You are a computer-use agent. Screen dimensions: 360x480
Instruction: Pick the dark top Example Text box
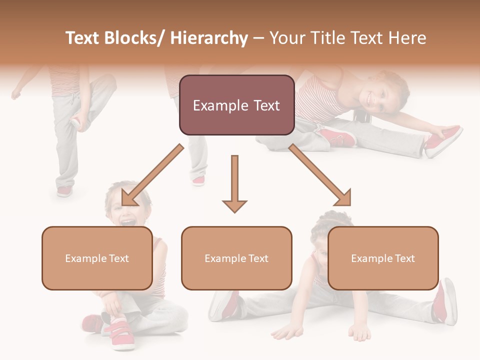coord(236,105)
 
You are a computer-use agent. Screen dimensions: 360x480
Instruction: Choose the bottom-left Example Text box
coord(97,258)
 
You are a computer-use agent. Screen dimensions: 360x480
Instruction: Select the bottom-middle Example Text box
coord(236,258)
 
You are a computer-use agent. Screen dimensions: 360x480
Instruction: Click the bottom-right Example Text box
coord(383,258)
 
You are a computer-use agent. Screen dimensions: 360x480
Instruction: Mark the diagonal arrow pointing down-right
coord(320,175)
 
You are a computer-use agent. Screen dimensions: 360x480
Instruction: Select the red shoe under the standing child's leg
coord(64,190)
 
